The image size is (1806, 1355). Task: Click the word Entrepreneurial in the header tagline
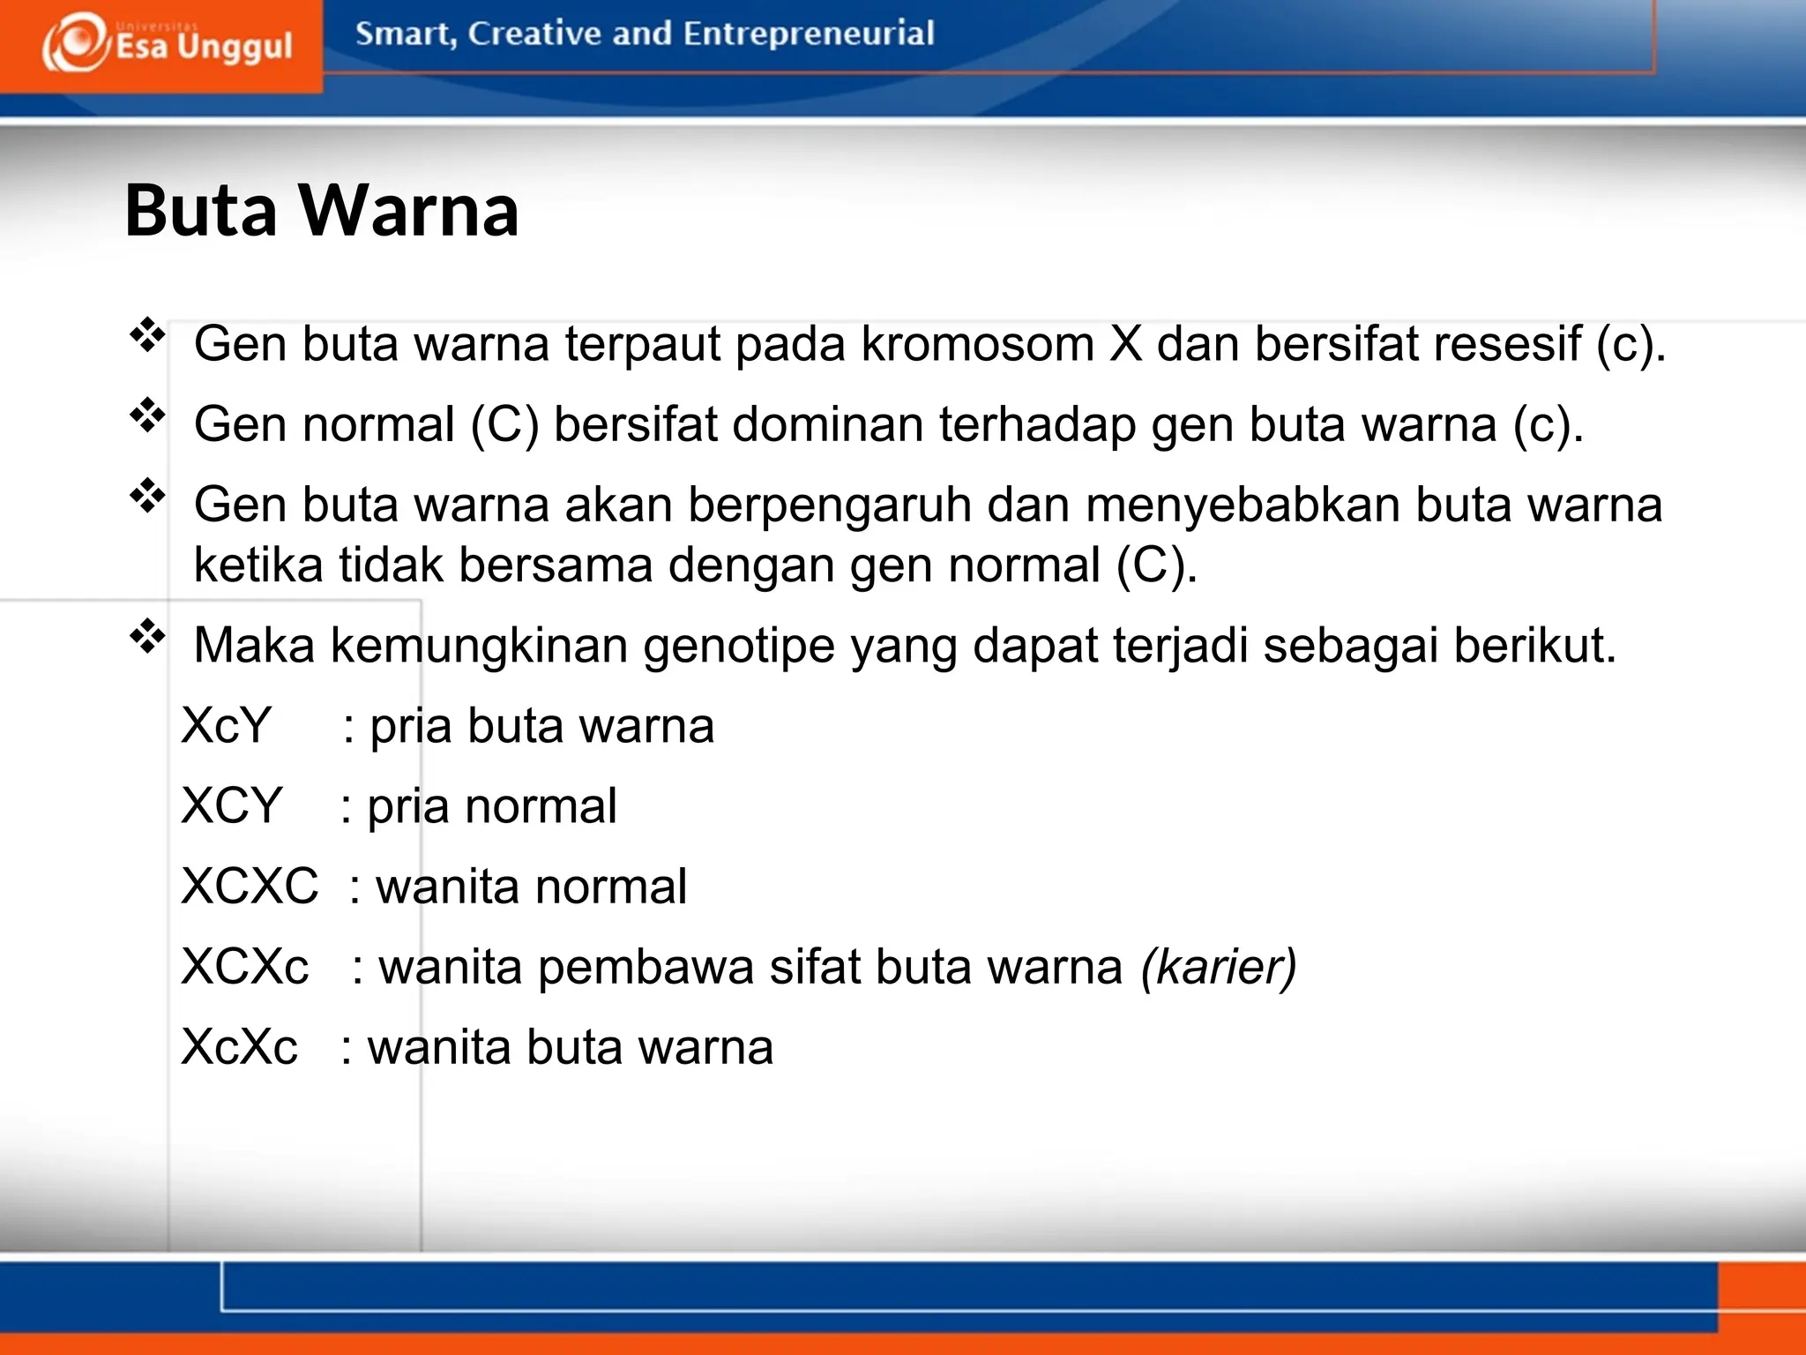point(808,34)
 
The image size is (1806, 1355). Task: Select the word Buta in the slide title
point(201,211)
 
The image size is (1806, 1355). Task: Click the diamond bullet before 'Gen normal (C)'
point(147,415)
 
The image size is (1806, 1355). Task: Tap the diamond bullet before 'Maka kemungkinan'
point(147,636)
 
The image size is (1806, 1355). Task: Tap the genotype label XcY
point(226,726)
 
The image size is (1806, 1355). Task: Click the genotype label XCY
point(231,806)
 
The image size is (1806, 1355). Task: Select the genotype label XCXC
point(250,887)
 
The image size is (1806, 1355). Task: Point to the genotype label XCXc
point(245,967)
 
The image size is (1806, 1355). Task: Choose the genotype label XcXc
point(239,1047)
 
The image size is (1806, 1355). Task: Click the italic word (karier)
point(1219,967)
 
